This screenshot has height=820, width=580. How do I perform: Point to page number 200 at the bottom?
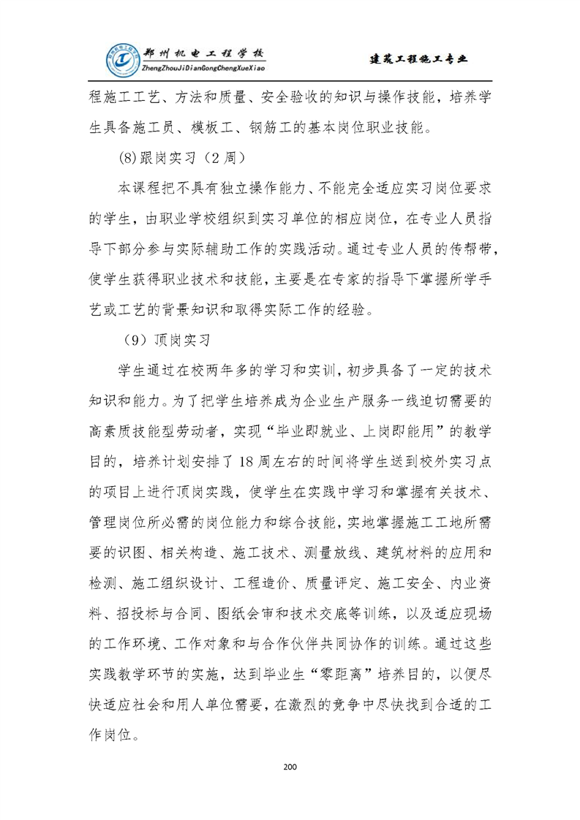click(x=290, y=767)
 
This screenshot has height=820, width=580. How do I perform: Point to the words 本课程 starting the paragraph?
click(x=137, y=188)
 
